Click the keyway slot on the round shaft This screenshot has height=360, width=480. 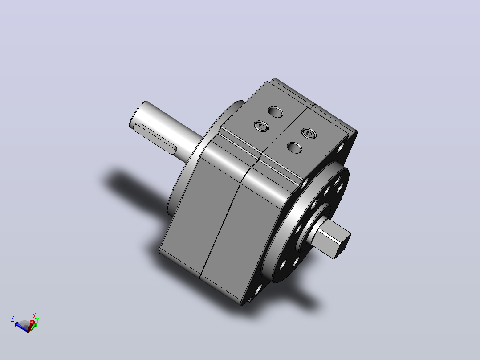point(155,138)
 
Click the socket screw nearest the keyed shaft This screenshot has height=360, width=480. point(261,126)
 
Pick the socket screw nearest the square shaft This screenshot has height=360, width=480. point(309,134)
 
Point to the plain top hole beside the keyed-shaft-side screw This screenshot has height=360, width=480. point(276,112)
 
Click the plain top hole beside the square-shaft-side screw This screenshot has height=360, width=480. point(294,148)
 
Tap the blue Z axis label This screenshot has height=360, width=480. point(12,319)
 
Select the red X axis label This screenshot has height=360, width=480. point(34,316)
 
